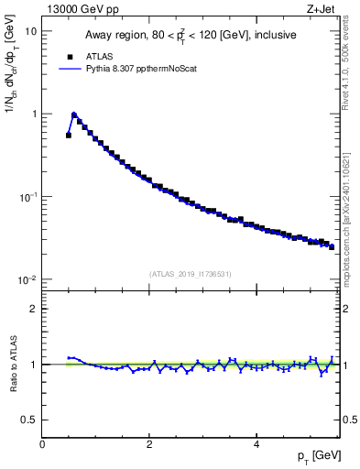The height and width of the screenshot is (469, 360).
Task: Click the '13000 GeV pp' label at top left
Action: point(82,10)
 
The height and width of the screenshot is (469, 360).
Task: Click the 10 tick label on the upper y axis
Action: point(30,31)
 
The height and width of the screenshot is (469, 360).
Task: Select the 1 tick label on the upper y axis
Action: point(33,115)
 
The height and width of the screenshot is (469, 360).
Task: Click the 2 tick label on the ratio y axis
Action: point(33,309)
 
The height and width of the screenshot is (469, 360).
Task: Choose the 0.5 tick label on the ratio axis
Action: point(29,420)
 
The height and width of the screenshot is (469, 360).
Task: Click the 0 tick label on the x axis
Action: point(42,444)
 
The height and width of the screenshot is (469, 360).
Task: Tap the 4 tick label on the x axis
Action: point(256,444)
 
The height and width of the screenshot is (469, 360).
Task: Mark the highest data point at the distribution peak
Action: point(74,115)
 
